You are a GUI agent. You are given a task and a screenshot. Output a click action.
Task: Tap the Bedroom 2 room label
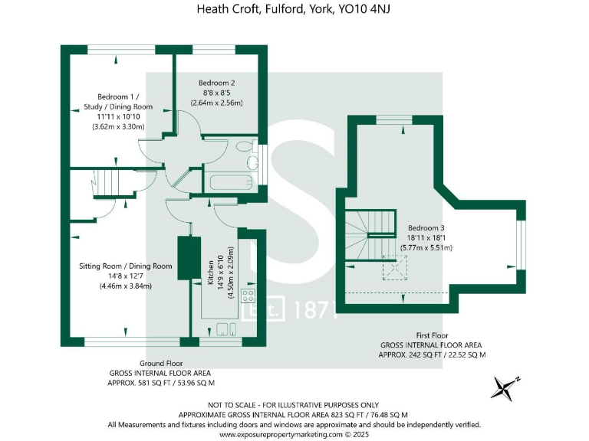click(x=216, y=83)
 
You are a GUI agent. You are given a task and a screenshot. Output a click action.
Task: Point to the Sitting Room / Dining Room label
click(x=125, y=266)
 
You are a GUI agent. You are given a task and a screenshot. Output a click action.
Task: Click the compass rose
click(x=505, y=388)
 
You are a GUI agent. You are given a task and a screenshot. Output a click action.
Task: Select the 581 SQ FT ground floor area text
click(x=160, y=382)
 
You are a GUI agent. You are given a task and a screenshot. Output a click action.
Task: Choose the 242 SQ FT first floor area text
click(x=433, y=355)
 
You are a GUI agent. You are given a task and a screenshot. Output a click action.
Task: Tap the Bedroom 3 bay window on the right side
click(x=520, y=243)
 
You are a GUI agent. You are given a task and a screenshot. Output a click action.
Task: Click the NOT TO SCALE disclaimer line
click(x=294, y=404)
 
